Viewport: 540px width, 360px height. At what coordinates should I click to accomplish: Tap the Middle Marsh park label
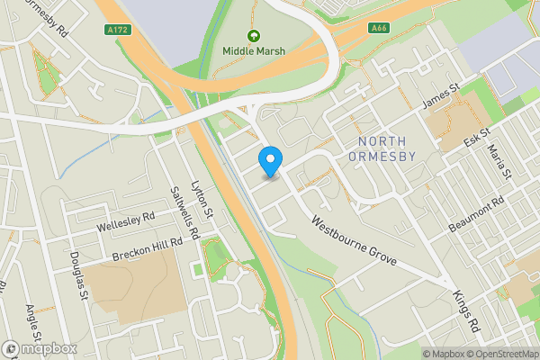254,51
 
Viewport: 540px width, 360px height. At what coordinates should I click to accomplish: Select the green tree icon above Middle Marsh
254,37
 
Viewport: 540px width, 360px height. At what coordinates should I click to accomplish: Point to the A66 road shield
379,28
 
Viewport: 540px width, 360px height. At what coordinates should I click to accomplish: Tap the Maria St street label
498,161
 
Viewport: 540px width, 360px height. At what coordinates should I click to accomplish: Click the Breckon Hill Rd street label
148,248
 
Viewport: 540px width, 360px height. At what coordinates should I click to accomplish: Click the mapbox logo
40,348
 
